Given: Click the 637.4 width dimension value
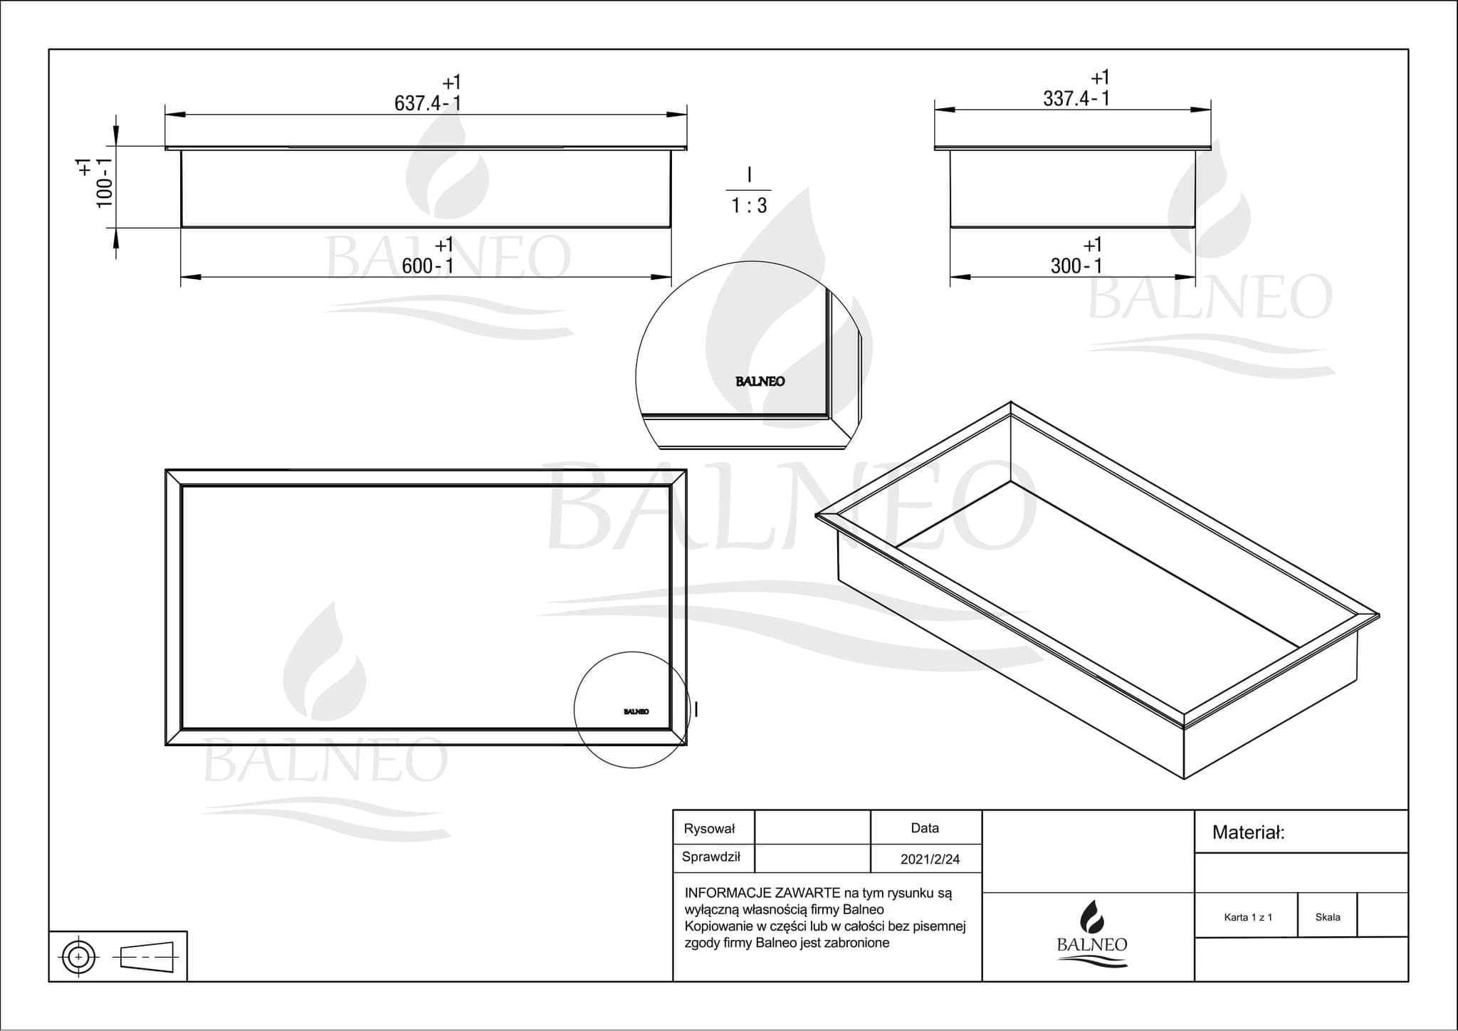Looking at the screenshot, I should (x=418, y=104).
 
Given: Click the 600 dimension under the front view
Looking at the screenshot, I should (x=417, y=266).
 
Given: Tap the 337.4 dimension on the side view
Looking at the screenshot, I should (x=1066, y=99).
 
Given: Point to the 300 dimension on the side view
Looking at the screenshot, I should (x=1066, y=266).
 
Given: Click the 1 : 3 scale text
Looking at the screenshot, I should (x=749, y=206).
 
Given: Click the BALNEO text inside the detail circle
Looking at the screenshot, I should (x=760, y=382).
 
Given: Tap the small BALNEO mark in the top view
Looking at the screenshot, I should (x=636, y=711).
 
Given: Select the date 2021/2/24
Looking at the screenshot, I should (x=930, y=859).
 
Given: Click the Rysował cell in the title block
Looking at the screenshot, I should (x=709, y=829).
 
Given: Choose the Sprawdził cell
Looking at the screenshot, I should (x=710, y=857).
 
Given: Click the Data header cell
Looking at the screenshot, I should (x=925, y=828).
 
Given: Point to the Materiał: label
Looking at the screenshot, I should (x=1248, y=832).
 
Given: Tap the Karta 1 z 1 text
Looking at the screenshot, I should (x=1248, y=917).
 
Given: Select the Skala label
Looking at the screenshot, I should (x=1328, y=917).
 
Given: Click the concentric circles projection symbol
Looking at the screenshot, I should (x=79, y=957).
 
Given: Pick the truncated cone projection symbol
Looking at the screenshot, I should (x=147, y=957).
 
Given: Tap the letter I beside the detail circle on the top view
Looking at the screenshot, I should (x=696, y=709).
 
